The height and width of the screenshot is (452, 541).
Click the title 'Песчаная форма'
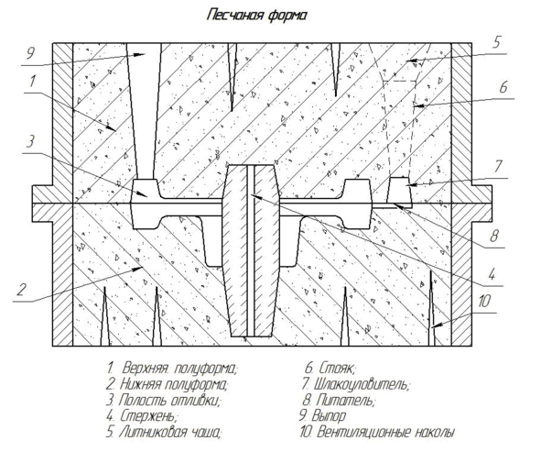point(256,16)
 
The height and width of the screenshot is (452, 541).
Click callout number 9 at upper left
point(30,53)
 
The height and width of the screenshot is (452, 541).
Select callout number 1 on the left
point(32,82)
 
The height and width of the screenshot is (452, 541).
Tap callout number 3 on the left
point(31,141)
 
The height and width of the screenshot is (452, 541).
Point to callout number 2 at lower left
point(21,290)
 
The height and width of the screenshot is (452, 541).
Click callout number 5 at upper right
point(496,42)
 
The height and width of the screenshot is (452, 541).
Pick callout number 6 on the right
point(503,87)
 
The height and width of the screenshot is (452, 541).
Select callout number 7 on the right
point(498,166)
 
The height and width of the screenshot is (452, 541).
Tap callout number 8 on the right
point(494,236)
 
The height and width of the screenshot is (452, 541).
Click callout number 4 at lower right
point(492,275)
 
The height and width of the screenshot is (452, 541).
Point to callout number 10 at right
point(483,302)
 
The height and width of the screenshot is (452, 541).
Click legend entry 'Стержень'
point(142,416)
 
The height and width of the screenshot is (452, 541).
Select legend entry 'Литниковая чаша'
point(163,433)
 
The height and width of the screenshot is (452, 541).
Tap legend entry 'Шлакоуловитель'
point(355,384)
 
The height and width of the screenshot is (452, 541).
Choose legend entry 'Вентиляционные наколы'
point(377,433)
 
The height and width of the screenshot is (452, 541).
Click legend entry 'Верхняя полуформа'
point(172,369)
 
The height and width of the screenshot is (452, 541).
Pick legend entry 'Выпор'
point(322,416)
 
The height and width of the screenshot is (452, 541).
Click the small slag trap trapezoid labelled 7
point(399,191)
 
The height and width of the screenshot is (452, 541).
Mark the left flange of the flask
point(42,204)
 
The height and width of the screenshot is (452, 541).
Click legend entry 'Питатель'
point(339,400)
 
